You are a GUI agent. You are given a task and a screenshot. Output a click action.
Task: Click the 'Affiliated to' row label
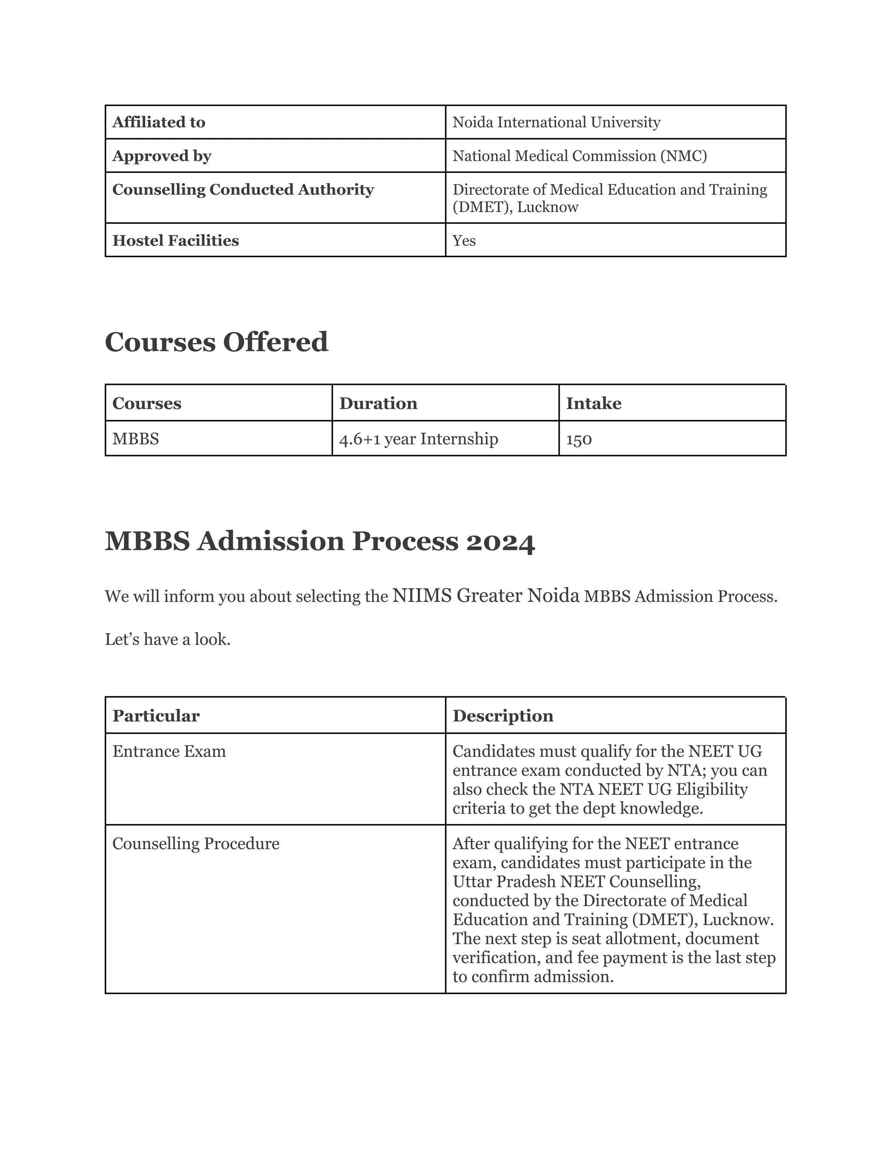159,122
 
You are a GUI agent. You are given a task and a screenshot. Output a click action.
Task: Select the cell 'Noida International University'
556,122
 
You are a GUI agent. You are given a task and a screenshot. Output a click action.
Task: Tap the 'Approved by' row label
161,156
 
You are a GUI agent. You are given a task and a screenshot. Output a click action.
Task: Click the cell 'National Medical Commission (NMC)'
579,156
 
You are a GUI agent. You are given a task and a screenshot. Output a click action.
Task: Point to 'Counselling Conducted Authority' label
243,190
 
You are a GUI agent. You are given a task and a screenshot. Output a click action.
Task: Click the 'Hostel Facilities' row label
176,241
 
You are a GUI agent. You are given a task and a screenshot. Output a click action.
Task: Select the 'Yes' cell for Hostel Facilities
464,241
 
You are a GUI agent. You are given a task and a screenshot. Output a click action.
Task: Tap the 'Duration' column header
378,404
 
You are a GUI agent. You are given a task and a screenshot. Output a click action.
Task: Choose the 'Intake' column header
594,404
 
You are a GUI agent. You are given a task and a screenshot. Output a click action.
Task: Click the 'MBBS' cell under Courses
136,439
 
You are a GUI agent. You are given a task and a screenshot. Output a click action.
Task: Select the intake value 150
579,439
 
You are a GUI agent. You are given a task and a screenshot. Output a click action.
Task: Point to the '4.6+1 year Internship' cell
418,439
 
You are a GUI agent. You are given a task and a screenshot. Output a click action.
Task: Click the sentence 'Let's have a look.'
168,640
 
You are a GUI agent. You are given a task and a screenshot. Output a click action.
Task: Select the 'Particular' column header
156,716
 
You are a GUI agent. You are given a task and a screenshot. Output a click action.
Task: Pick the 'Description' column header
503,716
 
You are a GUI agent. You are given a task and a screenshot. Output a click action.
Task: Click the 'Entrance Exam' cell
169,751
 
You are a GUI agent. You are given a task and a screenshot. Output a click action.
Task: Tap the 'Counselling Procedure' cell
196,844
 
